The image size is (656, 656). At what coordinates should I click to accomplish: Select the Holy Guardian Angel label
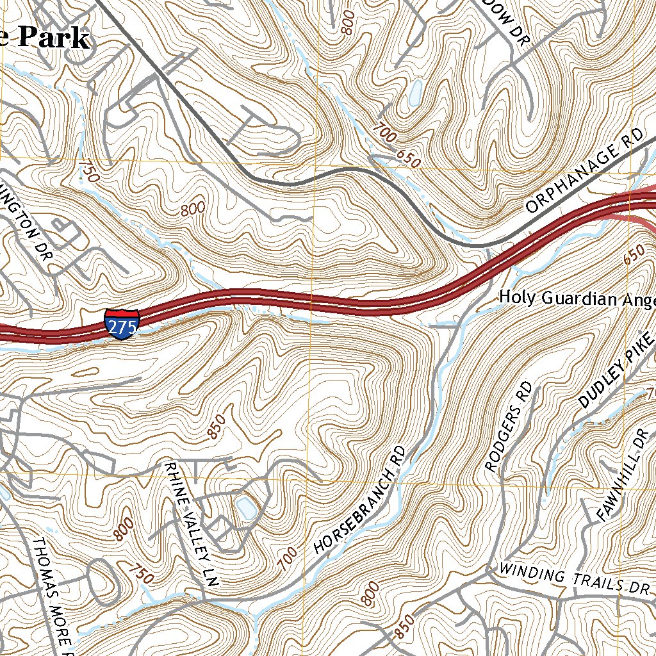click(577, 298)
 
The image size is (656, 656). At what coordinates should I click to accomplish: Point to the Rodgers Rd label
click(509, 427)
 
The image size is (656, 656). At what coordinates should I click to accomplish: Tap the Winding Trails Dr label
click(574, 578)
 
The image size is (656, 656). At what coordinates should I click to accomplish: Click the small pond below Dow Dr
click(415, 94)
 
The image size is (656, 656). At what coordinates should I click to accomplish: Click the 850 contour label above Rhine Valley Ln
click(217, 427)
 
